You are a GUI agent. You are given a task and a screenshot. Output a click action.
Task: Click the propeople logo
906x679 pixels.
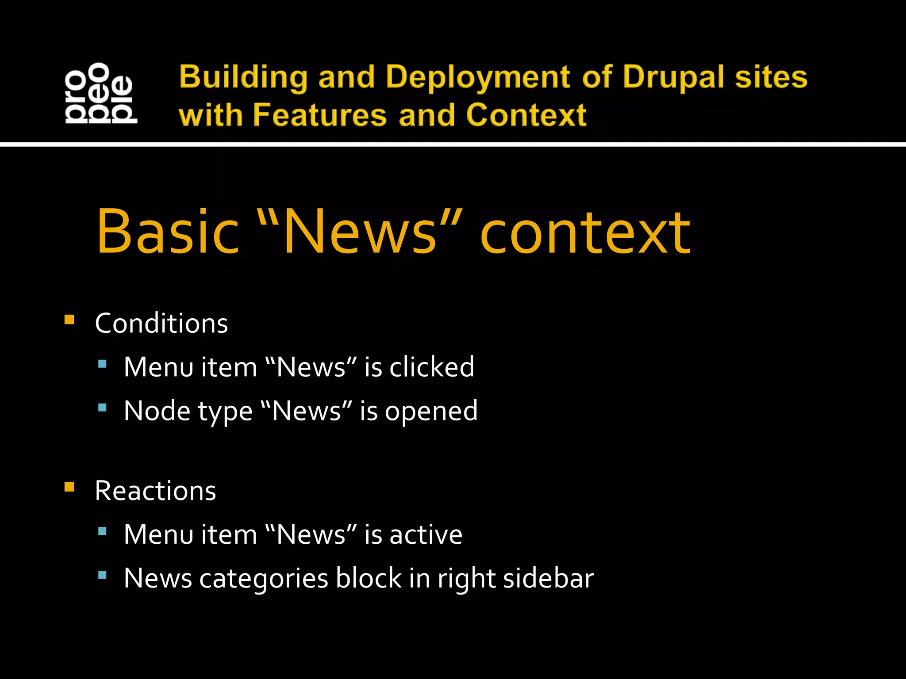point(101,93)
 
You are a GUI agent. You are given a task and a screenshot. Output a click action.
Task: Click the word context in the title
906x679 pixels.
point(585,233)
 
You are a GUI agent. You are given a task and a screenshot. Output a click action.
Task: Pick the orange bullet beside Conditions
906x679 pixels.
point(69,320)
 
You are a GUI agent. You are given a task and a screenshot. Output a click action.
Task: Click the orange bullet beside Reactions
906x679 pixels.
point(69,487)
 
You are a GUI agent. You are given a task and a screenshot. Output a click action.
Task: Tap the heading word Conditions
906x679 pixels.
point(161,323)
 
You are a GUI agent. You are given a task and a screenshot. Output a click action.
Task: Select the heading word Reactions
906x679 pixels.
point(155,491)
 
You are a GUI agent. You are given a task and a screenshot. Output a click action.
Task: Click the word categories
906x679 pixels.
point(264,579)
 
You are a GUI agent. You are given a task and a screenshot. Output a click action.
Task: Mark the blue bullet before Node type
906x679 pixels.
point(102,408)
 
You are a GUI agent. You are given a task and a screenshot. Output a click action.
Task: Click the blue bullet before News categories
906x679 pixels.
point(102,575)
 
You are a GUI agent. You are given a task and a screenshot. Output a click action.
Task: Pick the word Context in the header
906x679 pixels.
point(526,115)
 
